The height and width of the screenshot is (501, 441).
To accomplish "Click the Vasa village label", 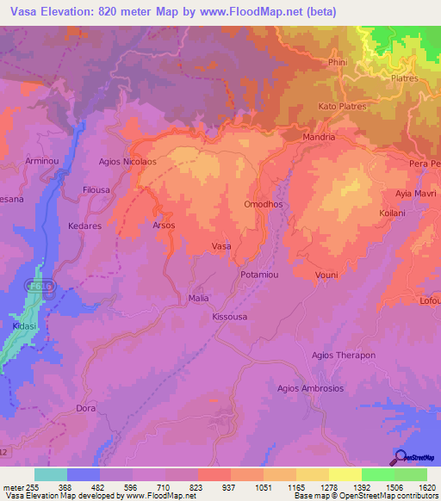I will tap(221, 246).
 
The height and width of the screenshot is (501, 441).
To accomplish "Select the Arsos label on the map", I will tap(164, 226).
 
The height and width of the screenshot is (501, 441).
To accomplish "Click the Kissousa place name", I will tap(230, 317).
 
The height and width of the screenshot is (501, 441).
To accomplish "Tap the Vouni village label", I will tap(326, 275).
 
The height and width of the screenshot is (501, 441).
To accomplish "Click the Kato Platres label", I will tap(342, 107).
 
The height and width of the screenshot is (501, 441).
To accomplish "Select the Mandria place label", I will tap(319, 137).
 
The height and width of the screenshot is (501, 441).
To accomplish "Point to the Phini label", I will tap(337, 62).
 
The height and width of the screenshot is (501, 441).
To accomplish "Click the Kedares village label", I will tap(84, 226).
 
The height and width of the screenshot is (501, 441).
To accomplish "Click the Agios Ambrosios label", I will tap(310, 388).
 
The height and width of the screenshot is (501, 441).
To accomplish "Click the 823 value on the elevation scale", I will tap(197, 487).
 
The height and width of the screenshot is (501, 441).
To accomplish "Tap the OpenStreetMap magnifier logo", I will tap(399, 457).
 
